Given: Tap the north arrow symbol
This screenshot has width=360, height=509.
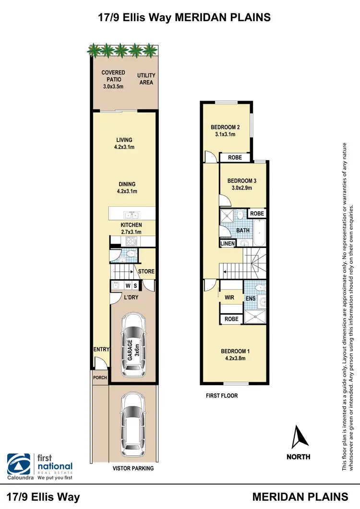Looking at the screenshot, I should (x=298, y=437).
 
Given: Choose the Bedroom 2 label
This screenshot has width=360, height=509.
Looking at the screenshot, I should (x=225, y=127).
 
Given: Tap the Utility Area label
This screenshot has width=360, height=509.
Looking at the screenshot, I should (x=146, y=79).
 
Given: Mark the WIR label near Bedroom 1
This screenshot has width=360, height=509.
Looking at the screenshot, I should (x=229, y=297).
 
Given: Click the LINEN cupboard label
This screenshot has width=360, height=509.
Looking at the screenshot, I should (x=228, y=244).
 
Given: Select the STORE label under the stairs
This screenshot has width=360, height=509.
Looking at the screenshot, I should (x=146, y=272).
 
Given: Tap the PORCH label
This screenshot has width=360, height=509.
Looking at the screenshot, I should (x=100, y=378).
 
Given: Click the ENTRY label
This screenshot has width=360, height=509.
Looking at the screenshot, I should (x=102, y=350).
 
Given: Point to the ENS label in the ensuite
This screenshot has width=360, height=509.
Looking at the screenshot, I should (x=250, y=298).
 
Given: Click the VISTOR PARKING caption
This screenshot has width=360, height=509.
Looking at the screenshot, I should (x=133, y=468).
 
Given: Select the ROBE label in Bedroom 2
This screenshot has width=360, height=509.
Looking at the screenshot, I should (x=235, y=157).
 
